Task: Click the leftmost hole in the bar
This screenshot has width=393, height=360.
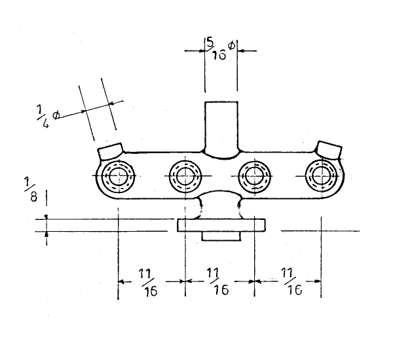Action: tap(119, 175)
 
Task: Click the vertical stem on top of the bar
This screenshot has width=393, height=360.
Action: tap(221, 128)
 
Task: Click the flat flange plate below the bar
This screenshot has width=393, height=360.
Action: tap(221, 225)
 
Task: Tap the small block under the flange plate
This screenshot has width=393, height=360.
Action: tap(221, 236)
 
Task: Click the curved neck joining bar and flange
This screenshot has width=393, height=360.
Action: tap(221, 204)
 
